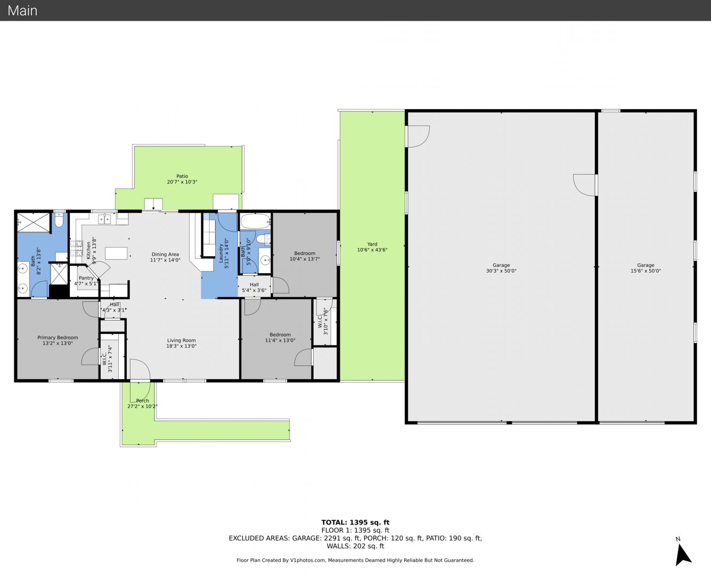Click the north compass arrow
[x=683, y=555]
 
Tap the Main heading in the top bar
[x=22, y=11]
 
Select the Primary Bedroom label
[x=58, y=338]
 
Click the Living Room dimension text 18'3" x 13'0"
[x=182, y=346]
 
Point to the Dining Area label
[x=165, y=254]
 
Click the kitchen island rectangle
[x=116, y=253]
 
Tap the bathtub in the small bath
[x=255, y=220]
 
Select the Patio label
[x=182, y=176]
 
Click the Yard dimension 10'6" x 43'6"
[x=372, y=250]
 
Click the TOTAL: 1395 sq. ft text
[x=356, y=523]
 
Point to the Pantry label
[x=86, y=278]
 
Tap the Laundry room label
[x=220, y=253]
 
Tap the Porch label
[x=143, y=400]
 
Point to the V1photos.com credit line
[x=355, y=560]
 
